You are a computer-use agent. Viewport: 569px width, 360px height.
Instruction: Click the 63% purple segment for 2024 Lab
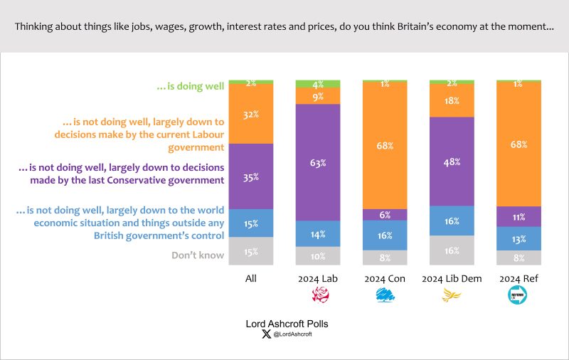[x=318, y=163]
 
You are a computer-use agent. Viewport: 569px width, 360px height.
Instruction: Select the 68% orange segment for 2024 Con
[x=385, y=145]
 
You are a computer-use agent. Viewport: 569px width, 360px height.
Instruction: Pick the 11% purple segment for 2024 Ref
[x=519, y=217]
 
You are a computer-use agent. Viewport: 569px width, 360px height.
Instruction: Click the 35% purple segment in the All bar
[x=251, y=178]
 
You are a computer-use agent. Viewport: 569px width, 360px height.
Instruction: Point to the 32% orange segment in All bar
[x=251, y=114]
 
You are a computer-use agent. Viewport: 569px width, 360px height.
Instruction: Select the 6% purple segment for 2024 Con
[x=385, y=215]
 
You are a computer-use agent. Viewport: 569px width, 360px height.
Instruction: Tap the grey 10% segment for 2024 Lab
[x=318, y=256]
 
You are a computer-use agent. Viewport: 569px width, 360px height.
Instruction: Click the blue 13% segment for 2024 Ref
[x=519, y=238]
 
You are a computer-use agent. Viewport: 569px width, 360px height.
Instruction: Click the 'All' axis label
[x=251, y=279]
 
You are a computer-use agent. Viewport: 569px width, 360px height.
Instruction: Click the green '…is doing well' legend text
[x=190, y=86]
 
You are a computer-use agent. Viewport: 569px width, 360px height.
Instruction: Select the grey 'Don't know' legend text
[x=198, y=255]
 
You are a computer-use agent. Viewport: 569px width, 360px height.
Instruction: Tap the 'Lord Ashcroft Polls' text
[x=287, y=324]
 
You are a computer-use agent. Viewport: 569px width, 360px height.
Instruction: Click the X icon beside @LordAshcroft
[x=266, y=334]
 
